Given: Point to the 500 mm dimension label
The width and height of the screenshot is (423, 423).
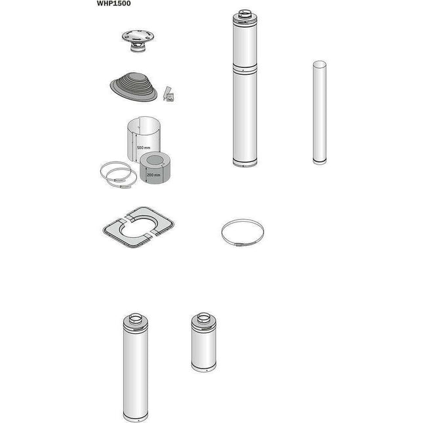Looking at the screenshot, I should (144, 148).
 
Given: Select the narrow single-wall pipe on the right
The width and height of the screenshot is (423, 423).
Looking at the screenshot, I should (319, 112).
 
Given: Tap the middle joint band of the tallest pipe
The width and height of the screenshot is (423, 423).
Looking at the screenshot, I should (246, 66).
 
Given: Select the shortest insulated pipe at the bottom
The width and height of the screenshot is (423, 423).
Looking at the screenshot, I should (203, 342).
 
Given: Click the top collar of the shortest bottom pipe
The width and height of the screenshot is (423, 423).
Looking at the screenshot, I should (203, 317).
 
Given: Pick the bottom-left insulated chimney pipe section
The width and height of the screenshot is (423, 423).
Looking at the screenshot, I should (134, 369).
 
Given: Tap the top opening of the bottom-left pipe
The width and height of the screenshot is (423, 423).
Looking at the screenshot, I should (134, 320).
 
